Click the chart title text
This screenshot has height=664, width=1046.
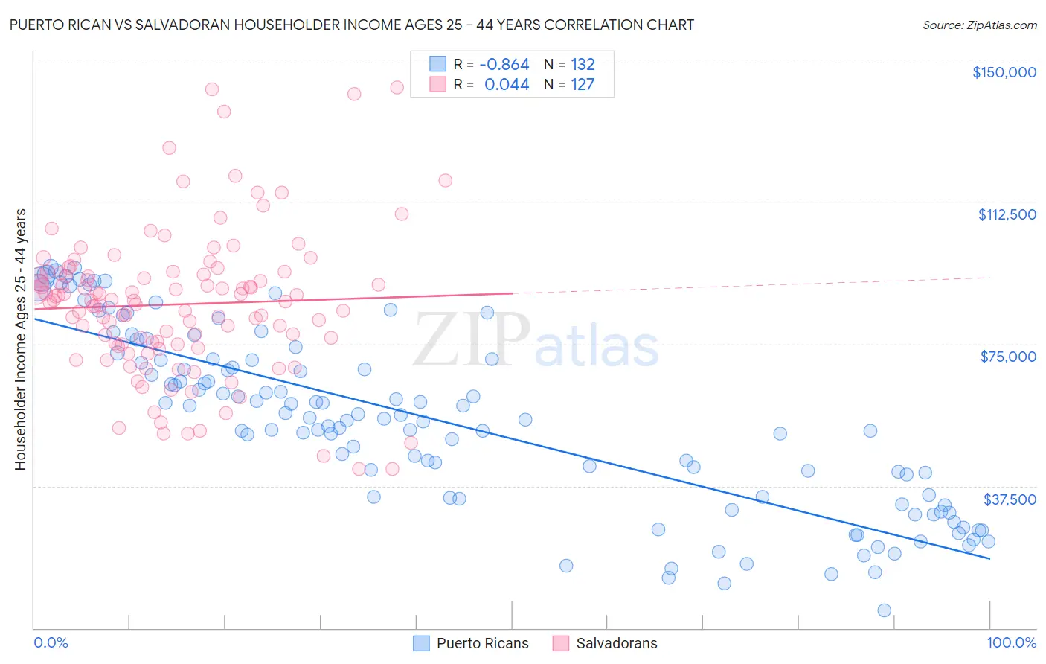pyautogui.click(x=351, y=25)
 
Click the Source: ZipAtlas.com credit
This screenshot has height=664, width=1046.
pyautogui.click(x=979, y=25)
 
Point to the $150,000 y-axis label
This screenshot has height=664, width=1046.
pyautogui.click(x=1004, y=72)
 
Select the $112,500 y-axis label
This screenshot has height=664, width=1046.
pyautogui.click(x=1007, y=214)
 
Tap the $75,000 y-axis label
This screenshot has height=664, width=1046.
pyautogui.click(x=1008, y=357)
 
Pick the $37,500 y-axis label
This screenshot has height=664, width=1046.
pyautogui.click(x=1010, y=499)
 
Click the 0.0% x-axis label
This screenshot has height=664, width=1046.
pyautogui.click(x=51, y=643)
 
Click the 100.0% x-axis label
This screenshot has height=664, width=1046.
pyautogui.click(x=1011, y=643)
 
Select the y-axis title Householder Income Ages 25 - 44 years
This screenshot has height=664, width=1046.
pyautogui.click(x=20, y=339)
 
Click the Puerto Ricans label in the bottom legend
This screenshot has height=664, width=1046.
pyautogui.click(x=482, y=644)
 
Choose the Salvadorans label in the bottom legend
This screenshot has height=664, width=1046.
pyautogui.click(x=617, y=644)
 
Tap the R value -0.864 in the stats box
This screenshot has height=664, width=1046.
pyautogui.click(x=504, y=65)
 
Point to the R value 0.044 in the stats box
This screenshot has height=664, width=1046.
pyautogui.click(x=507, y=85)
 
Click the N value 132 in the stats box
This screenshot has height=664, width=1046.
pyautogui.click(x=583, y=65)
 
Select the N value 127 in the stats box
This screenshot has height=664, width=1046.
pyautogui.click(x=583, y=85)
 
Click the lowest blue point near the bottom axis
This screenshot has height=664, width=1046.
pyautogui.click(x=884, y=610)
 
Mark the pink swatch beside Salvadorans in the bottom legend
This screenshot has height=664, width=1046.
pyautogui.click(x=560, y=644)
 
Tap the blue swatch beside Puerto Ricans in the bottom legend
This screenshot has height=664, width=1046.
pyautogui.click(x=421, y=644)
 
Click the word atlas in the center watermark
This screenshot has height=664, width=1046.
pyautogui.click(x=597, y=347)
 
